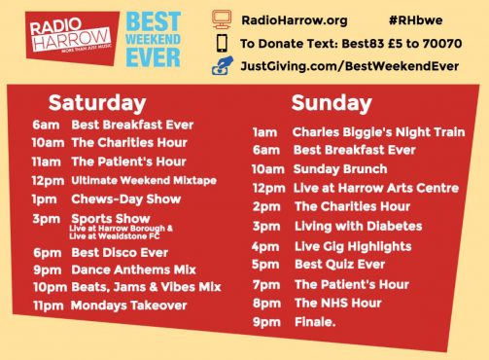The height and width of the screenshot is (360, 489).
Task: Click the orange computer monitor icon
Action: point(222,18)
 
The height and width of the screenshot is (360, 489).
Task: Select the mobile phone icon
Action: point(222,43)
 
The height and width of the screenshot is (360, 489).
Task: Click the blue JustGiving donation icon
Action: point(222,66)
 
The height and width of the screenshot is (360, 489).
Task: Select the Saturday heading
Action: point(97,102)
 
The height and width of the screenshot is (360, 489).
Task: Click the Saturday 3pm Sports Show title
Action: point(110,220)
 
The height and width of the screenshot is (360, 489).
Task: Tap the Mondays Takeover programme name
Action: point(128,306)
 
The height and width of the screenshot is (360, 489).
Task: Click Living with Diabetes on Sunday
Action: point(347,226)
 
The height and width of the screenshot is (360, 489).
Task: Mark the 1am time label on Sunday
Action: point(264,132)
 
